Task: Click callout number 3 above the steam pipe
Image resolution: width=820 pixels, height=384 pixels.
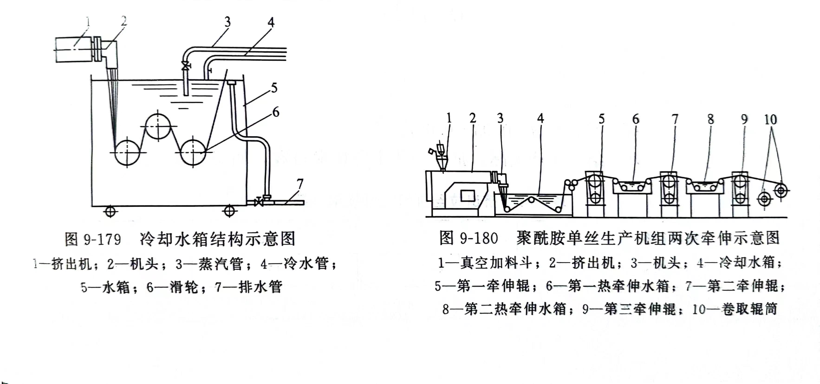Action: point(227,22)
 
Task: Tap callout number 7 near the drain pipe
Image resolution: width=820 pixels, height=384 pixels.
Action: point(300,184)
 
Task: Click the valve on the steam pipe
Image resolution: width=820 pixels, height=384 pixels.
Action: point(185,66)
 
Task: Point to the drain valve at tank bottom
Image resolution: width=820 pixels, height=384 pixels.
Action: point(259,202)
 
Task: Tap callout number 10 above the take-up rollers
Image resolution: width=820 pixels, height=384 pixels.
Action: point(771,120)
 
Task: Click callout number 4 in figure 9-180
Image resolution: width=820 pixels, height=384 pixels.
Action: point(540,118)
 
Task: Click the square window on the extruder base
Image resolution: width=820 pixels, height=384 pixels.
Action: point(468,196)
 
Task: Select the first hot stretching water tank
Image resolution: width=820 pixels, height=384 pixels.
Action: point(632,187)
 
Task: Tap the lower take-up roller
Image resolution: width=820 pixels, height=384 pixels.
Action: point(764,199)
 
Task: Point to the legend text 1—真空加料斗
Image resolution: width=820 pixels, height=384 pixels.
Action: point(485,263)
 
